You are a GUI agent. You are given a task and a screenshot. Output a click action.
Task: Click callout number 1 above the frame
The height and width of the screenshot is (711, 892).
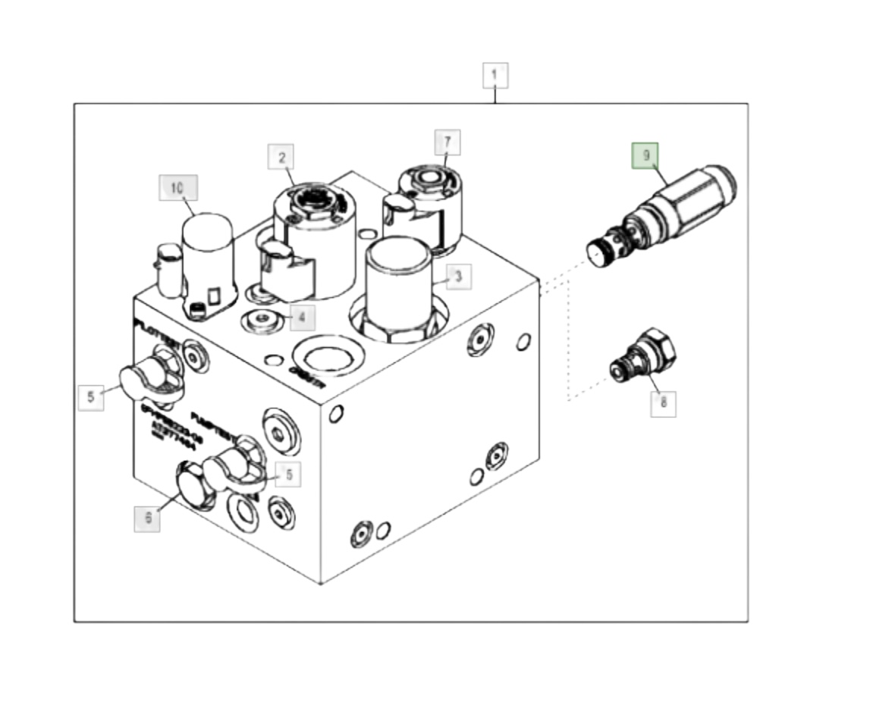[x=495, y=75]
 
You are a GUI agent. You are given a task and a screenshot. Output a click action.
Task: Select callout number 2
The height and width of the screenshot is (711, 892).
[x=281, y=158]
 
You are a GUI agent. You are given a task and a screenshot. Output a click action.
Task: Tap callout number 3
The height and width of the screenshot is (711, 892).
[x=458, y=277]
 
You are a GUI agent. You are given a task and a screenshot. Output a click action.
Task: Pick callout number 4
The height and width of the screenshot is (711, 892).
[x=301, y=317]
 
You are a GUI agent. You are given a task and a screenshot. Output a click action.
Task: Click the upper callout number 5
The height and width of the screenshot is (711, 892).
[x=91, y=396]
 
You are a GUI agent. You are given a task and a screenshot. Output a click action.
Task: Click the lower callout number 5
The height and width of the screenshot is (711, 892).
[x=288, y=475]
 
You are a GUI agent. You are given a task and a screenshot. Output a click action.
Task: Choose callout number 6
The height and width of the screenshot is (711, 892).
[x=148, y=518]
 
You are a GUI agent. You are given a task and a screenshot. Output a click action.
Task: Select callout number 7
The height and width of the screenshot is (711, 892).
[x=447, y=142]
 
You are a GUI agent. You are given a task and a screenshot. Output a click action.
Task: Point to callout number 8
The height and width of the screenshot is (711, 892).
[x=663, y=402]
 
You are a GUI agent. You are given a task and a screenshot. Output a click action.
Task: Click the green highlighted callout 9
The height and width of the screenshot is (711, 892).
[x=646, y=156]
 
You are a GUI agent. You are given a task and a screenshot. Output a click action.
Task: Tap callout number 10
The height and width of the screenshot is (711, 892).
[x=177, y=188]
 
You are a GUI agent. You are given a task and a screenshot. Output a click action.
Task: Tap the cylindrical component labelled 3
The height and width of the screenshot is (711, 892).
[x=399, y=288]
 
